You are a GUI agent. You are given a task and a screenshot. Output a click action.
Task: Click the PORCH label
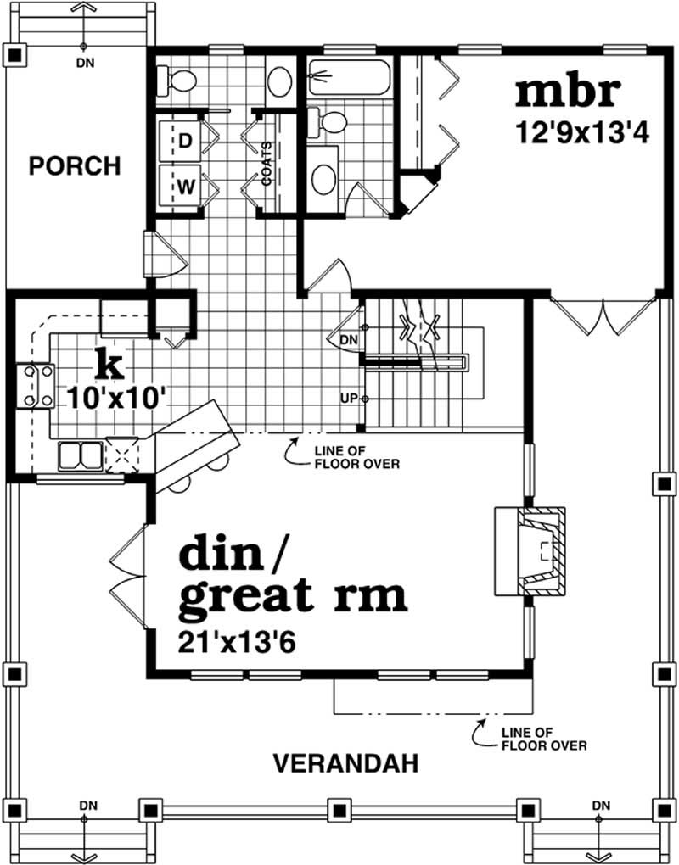point(75,165)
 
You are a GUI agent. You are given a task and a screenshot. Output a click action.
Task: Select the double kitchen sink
point(80,455)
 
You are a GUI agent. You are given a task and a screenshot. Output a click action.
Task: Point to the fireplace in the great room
point(530,551)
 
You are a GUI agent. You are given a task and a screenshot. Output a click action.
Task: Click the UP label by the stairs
point(348,398)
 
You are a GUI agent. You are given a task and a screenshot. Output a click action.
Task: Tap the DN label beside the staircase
point(348,338)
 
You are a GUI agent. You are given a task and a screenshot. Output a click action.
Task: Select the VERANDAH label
point(345,763)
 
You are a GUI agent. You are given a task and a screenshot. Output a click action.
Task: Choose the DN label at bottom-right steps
point(600,804)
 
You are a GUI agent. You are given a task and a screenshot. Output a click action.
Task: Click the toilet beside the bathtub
point(329,122)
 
